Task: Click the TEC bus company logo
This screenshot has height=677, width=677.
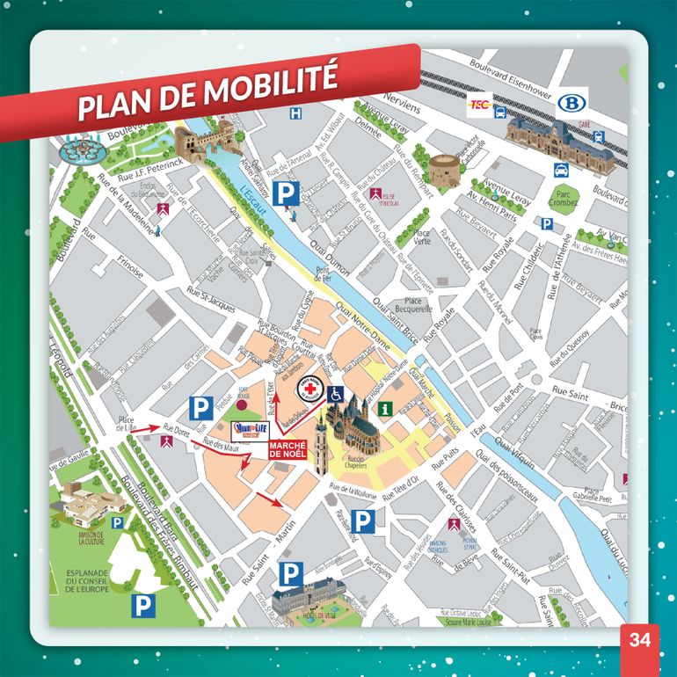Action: (x=480, y=104)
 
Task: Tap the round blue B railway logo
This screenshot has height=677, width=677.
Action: (x=570, y=103)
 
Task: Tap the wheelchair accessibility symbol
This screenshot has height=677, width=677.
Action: (x=335, y=395)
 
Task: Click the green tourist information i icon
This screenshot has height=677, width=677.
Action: (x=384, y=408)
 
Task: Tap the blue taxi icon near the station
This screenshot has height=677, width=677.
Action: (x=599, y=137)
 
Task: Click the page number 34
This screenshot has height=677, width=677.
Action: (x=639, y=640)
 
